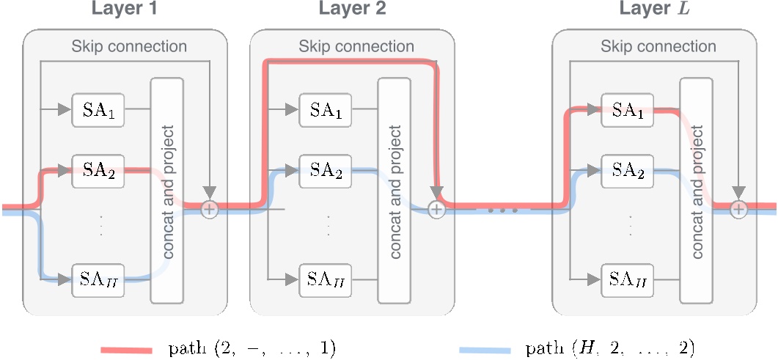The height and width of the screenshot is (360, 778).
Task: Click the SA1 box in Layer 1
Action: tap(98, 111)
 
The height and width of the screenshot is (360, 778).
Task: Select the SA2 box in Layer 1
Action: tap(98, 172)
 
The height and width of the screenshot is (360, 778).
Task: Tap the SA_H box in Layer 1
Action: tap(98, 279)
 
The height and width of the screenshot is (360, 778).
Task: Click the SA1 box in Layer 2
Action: tap(326, 111)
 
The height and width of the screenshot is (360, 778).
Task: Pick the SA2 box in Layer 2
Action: tap(326, 172)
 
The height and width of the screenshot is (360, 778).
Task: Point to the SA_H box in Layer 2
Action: tap(326, 279)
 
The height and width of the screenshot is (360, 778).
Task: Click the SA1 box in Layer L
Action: tap(628, 111)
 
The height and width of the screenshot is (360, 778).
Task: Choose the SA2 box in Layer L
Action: tap(628, 172)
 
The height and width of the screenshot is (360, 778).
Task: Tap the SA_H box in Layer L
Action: tap(628, 279)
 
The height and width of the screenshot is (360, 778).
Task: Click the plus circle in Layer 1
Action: tap(210, 210)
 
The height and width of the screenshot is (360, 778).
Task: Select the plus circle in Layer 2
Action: tap(437, 210)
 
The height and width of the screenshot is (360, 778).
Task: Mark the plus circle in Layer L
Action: tap(738, 210)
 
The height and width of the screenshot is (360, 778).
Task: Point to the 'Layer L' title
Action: tap(654, 10)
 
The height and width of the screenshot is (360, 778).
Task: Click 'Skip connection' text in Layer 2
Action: tap(356, 47)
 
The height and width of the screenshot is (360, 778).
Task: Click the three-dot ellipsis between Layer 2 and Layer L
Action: tap(503, 210)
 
